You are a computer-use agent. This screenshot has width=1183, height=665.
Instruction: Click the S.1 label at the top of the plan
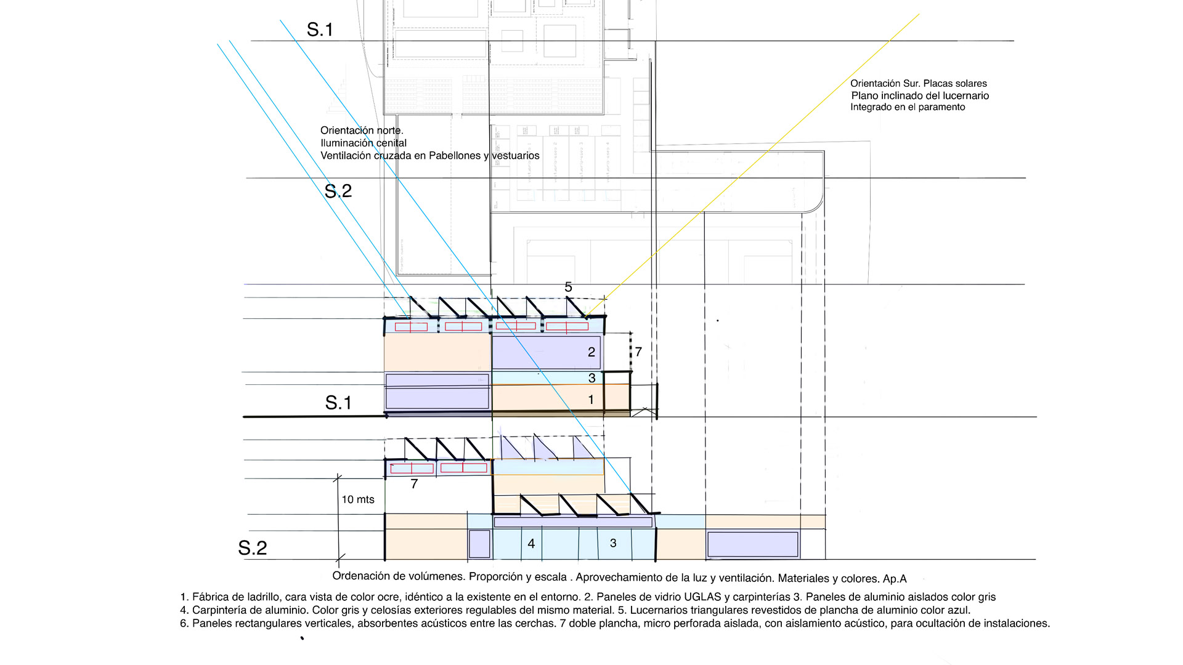click(320, 30)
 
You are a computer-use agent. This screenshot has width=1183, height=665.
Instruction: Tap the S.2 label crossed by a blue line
click(338, 191)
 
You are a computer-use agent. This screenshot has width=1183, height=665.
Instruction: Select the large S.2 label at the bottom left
click(253, 548)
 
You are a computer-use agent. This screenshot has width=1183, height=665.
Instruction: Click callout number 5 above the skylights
click(568, 287)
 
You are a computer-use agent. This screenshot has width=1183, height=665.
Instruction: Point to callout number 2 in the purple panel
click(591, 352)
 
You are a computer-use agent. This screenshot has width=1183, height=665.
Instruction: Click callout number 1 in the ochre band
click(591, 400)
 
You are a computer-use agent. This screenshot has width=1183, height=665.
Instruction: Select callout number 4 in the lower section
click(531, 544)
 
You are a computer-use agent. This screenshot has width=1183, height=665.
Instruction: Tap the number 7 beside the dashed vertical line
click(638, 352)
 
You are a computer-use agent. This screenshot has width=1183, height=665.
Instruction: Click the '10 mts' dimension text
click(358, 499)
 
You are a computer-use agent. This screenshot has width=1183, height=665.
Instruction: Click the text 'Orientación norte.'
click(362, 131)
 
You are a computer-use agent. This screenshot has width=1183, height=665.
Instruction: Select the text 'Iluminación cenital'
click(364, 143)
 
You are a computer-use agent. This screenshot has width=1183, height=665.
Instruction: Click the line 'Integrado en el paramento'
click(908, 107)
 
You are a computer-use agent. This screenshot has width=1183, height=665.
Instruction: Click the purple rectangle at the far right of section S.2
click(752, 544)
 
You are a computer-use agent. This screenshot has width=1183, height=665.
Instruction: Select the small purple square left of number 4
click(479, 544)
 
